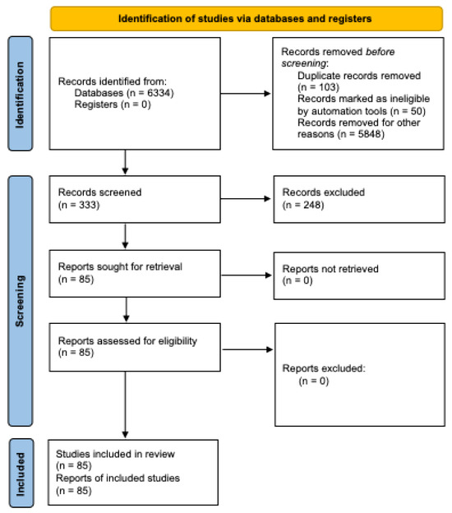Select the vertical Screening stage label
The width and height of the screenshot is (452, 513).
tap(21, 303)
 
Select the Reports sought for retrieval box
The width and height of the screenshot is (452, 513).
tap(132, 273)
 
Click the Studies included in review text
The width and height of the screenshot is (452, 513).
tap(110, 452)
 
